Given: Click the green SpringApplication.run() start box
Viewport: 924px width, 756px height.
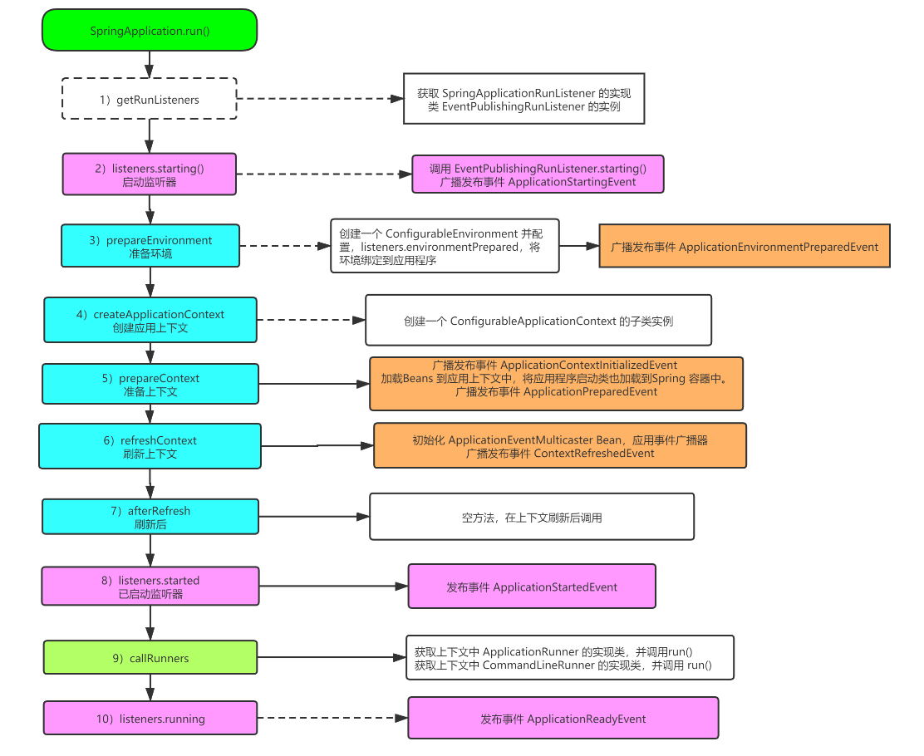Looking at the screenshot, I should click(x=150, y=31).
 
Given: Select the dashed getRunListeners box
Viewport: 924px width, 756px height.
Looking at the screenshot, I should click(x=150, y=100).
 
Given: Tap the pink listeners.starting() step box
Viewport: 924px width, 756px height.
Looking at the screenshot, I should click(x=150, y=174).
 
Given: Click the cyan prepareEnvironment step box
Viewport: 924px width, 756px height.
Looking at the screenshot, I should click(x=150, y=246).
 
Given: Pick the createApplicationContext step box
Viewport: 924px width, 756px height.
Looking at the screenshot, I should click(x=150, y=320).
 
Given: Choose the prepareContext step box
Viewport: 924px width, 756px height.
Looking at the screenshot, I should click(x=150, y=384).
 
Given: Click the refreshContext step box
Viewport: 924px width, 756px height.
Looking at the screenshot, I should click(x=150, y=446).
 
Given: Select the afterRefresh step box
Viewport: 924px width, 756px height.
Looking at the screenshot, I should click(x=150, y=517).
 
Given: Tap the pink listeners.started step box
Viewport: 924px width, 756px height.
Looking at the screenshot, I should click(x=150, y=586).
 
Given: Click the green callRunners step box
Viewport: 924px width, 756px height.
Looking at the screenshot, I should click(x=150, y=657).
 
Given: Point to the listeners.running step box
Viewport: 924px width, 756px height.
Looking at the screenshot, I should click(x=150, y=718).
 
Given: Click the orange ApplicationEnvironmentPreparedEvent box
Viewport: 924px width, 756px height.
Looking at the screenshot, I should click(x=744, y=246).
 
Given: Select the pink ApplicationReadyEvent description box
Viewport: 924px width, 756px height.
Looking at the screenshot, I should click(x=563, y=718).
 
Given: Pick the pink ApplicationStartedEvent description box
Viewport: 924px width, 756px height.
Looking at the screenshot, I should click(x=532, y=586).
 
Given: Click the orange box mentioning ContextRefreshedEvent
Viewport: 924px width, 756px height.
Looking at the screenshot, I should click(x=559, y=446).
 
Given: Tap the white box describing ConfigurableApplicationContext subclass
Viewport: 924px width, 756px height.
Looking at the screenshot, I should click(x=538, y=320).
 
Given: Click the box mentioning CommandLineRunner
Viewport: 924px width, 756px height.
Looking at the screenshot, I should click(x=569, y=658).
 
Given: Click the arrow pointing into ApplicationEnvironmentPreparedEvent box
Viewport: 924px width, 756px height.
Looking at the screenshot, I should click(x=579, y=246).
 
